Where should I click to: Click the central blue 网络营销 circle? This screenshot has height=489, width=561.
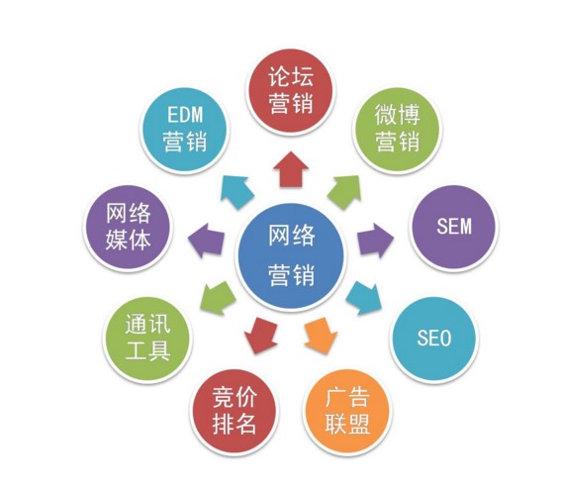[x=291, y=256]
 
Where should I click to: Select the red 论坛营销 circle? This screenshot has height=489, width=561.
[x=291, y=90]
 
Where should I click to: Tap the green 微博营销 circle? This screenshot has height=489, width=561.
[x=397, y=130]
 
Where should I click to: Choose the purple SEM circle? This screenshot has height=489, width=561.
[x=454, y=227]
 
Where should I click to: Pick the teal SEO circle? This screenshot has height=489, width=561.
[x=434, y=338]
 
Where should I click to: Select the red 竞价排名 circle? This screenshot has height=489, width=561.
[x=234, y=411]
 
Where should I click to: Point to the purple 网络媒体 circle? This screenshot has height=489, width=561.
[x=128, y=227]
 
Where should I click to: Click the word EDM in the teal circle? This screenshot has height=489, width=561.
[x=185, y=115]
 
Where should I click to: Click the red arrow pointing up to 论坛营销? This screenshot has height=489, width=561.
[x=291, y=169]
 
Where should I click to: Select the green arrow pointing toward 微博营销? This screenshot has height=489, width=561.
[x=344, y=192]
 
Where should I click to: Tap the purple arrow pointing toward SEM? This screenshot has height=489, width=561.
[x=375, y=241]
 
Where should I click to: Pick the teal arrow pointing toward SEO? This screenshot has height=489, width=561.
[x=364, y=298]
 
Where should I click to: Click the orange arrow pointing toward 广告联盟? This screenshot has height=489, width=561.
[x=321, y=336]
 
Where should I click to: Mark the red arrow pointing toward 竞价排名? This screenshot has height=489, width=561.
[x=261, y=336]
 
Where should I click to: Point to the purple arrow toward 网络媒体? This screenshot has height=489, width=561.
[x=206, y=241]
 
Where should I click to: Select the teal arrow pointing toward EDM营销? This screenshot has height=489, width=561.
[x=236, y=192]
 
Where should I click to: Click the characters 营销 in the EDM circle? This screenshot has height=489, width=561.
[x=185, y=141]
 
